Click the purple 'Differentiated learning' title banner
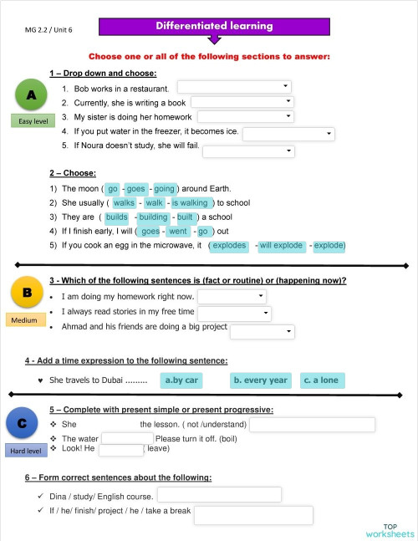click(214, 27)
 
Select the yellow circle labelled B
click(27, 293)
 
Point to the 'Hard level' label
click(25, 451)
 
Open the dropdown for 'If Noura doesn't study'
click(248, 151)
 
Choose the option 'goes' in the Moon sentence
click(135, 189)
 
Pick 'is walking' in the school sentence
click(190, 202)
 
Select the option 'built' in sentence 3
click(186, 217)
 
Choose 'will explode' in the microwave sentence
click(282, 246)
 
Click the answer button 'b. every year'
click(260, 380)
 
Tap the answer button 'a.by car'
click(181, 380)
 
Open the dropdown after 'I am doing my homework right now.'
click(232, 296)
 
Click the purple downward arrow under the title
click(215, 39)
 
